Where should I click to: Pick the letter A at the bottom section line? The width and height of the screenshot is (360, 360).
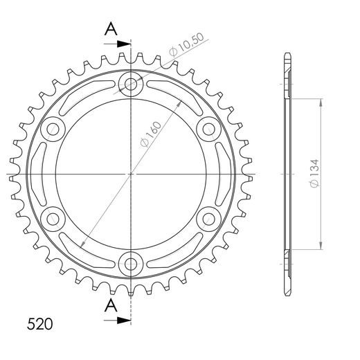[x=111, y=305]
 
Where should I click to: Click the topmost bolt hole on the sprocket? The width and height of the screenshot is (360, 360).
[x=130, y=84]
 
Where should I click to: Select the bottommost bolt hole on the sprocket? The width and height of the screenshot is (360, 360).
[x=130, y=262]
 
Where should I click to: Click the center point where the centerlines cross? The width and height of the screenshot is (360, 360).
[x=130, y=173]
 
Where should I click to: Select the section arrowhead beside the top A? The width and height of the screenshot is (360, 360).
[x=125, y=44]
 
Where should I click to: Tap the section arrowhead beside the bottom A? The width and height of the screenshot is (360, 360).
[x=125, y=321]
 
